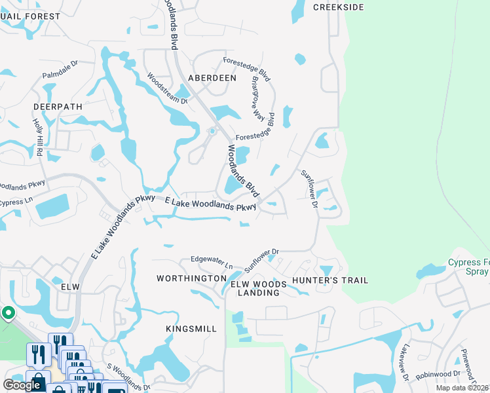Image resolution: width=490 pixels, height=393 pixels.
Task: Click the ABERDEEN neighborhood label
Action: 212,77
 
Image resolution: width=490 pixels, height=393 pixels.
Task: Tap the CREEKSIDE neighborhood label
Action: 337,7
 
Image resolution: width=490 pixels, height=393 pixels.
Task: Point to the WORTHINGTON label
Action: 191,278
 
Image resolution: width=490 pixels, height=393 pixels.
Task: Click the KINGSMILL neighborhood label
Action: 191,328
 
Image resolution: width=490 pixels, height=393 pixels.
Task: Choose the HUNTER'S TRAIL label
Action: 330,280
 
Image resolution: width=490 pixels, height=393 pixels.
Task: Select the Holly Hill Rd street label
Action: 38,137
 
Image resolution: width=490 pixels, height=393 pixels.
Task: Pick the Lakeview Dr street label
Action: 406,364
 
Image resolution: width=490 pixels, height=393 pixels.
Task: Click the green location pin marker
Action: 8,313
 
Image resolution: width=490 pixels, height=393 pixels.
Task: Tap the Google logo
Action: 22,385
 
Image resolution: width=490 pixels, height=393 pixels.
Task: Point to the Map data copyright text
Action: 462,388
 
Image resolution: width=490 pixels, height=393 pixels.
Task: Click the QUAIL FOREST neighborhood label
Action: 30,16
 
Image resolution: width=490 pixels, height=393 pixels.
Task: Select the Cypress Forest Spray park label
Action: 468,267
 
